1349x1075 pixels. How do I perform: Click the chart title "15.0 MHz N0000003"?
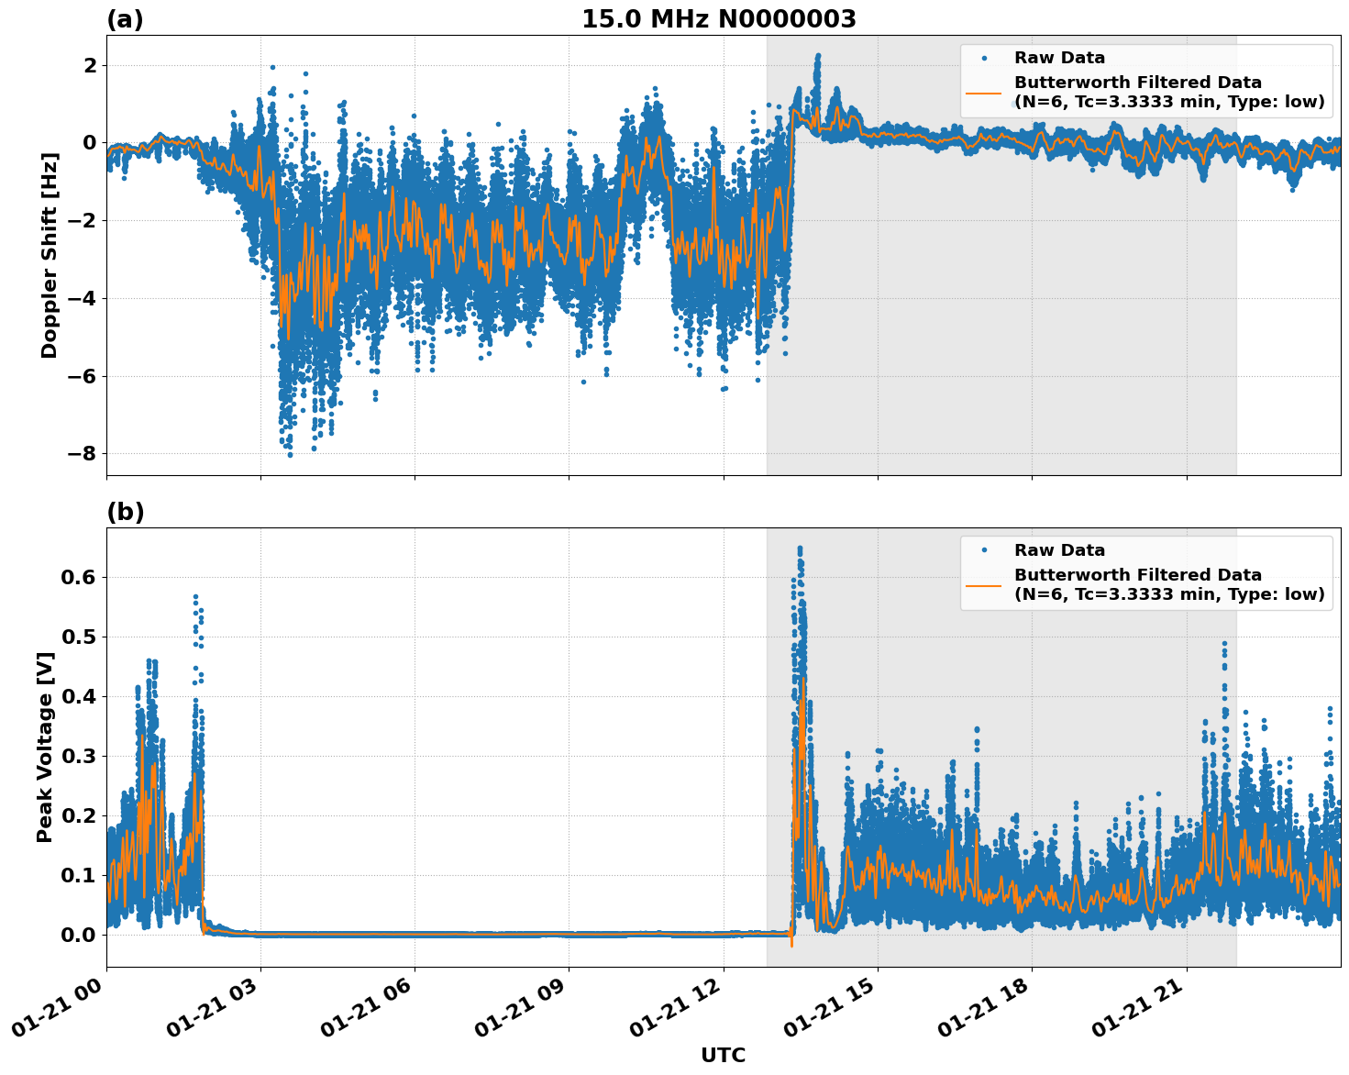[718, 19]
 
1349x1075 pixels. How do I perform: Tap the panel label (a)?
[125, 19]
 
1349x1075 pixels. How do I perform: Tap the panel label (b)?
[125, 512]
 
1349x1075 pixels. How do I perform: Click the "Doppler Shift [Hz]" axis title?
[50, 255]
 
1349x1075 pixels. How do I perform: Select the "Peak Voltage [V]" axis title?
[45, 747]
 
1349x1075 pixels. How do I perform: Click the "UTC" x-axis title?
[723, 1055]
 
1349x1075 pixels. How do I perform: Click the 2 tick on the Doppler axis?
[90, 65]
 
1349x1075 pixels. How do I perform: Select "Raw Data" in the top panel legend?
[1059, 58]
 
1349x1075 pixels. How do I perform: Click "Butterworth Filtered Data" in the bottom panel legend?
[1137, 575]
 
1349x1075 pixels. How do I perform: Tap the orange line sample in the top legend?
[983, 92]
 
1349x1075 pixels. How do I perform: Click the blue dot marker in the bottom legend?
[983, 549]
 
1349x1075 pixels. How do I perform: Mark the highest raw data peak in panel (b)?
[800, 549]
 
